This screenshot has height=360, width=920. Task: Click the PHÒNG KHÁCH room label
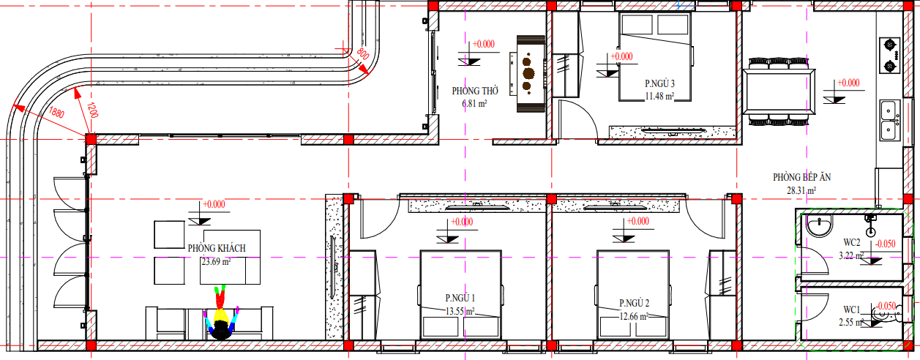(x=217, y=248)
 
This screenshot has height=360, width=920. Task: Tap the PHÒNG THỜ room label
(x=475, y=91)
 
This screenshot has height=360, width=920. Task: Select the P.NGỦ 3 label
(x=659, y=83)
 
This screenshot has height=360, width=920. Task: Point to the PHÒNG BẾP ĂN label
(x=801, y=177)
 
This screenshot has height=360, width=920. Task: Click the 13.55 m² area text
(x=460, y=311)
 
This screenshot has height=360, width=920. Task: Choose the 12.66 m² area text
(x=634, y=317)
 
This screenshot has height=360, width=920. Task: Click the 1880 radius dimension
(x=56, y=112)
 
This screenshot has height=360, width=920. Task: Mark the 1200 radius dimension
(x=93, y=110)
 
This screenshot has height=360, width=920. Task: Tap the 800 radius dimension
(x=363, y=53)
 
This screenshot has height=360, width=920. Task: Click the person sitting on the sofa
(x=221, y=312)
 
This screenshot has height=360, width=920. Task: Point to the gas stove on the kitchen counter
(x=889, y=55)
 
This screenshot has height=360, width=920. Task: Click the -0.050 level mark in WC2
(x=885, y=244)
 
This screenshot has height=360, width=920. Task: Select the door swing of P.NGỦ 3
(x=578, y=119)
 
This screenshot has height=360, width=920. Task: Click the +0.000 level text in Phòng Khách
(x=214, y=204)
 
